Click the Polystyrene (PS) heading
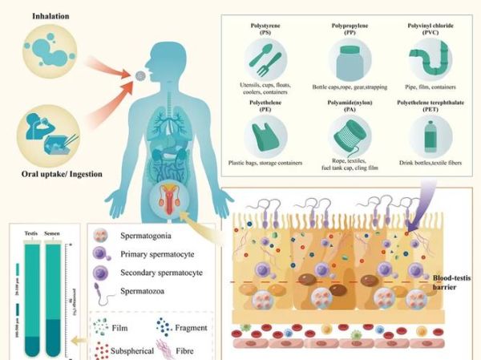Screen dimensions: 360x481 click(x=265, y=28)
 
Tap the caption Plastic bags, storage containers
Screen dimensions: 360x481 click(x=265, y=164)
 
